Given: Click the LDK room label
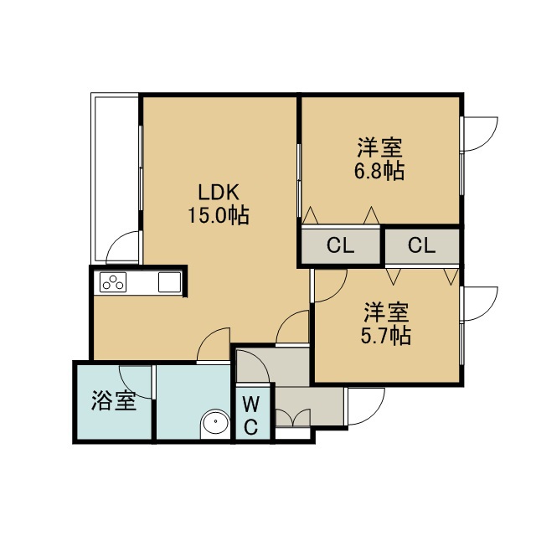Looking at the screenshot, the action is pos(219,192).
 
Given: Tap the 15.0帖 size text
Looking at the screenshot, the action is pos(219,215).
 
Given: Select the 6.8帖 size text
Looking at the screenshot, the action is pos(379,171).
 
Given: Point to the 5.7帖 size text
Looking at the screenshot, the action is pos(386,336).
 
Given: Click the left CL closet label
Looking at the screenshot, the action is pos(341,245).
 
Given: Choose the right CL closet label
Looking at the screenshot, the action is pos(422,245).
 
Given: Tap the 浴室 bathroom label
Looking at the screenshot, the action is pos(114,400).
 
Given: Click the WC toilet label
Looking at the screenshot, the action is pos(251,415).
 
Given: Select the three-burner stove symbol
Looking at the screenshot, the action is pos(113,282).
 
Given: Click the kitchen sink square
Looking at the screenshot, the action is pos(169,282).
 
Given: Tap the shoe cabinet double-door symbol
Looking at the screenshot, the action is pos(293,417).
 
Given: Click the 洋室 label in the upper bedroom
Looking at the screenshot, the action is pos(379,147).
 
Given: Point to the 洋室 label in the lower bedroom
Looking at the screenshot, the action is pos(386,312).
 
